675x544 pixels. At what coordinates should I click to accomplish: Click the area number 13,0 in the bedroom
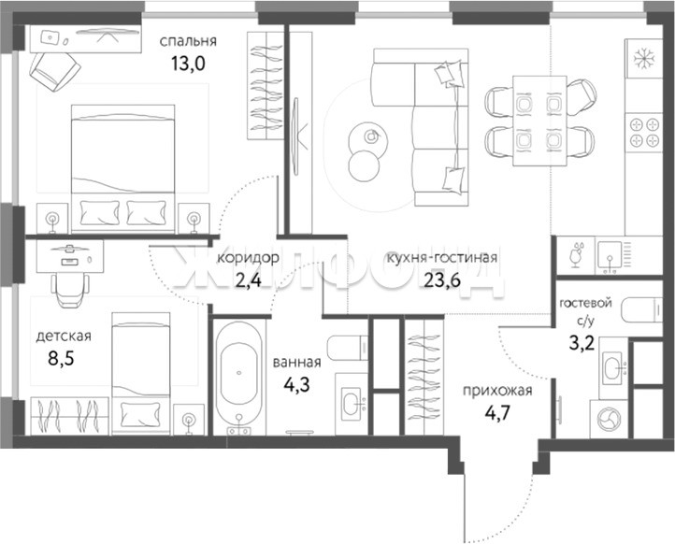click(x=188, y=64)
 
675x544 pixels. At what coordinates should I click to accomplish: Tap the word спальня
click(x=188, y=41)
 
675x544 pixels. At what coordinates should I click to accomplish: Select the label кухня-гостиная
click(x=442, y=258)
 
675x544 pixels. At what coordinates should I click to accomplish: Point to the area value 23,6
click(x=442, y=280)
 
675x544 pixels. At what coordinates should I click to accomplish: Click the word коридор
click(x=248, y=258)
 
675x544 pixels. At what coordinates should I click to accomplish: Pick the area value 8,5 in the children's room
click(x=61, y=358)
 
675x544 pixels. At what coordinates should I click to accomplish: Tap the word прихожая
click(x=497, y=391)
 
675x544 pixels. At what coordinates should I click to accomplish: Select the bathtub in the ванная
click(x=239, y=378)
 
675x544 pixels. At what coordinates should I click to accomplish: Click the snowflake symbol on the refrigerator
click(x=644, y=58)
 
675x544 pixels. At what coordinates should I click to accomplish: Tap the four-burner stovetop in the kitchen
click(x=644, y=133)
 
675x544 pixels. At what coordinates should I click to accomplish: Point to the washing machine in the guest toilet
click(x=609, y=419)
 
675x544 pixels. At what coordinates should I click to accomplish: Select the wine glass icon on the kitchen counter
click(x=576, y=255)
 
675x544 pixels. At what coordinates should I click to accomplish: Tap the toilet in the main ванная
click(x=347, y=348)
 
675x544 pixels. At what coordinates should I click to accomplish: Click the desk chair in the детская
click(x=70, y=290)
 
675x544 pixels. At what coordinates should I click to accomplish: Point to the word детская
click(x=64, y=336)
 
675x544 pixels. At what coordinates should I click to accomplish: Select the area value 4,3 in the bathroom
click(x=296, y=384)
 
